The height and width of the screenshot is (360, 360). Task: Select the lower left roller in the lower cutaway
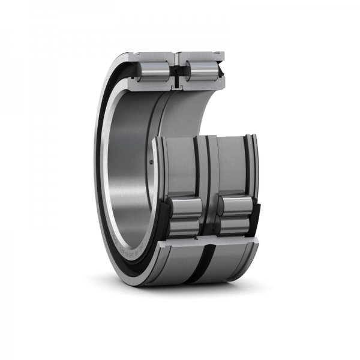tap(185, 227)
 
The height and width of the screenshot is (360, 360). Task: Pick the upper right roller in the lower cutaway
tap(234, 206)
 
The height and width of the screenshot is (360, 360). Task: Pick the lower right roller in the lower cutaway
tap(234, 225)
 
